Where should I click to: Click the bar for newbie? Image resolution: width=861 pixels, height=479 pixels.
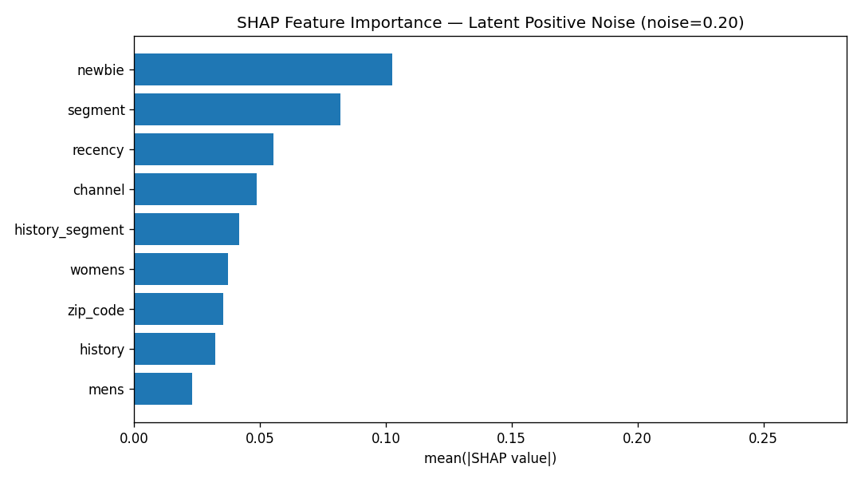point(263,69)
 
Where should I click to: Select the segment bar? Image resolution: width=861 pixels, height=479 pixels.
point(238,109)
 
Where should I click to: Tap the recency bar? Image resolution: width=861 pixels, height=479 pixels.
point(204,149)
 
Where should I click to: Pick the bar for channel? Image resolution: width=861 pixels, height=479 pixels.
point(195,189)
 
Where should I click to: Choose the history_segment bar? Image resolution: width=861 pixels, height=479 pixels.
point(187,229)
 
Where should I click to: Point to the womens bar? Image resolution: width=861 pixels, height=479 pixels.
point(181,269)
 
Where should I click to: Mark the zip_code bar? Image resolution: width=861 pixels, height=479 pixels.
point(179,309)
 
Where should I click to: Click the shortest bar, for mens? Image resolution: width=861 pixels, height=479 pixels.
point(163,389)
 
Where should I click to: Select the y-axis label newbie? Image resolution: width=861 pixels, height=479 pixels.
point(100,70)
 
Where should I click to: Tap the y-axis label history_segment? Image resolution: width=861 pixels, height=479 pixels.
point(69,230)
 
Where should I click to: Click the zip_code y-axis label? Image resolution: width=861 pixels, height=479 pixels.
point(96,311)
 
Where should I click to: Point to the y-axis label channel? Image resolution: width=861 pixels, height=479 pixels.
point(99,190)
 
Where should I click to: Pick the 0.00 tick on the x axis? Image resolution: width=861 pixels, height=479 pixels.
point(134,438)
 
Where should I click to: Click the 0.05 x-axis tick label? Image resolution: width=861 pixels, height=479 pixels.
point(260,438)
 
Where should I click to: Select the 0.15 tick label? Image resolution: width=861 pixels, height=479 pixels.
point(512,438)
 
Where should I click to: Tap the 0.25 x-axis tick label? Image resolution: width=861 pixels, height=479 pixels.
point(763,438)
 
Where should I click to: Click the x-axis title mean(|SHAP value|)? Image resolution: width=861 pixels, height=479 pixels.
point(490,458)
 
